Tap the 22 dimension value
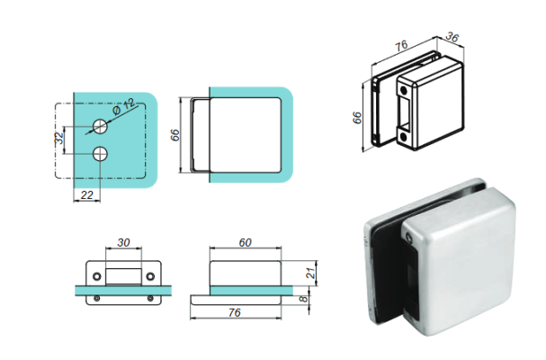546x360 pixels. point(87,194)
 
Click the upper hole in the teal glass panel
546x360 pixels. point(98,124)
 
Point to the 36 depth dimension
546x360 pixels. point(453,39)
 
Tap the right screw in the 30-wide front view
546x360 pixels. point(149,295)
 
